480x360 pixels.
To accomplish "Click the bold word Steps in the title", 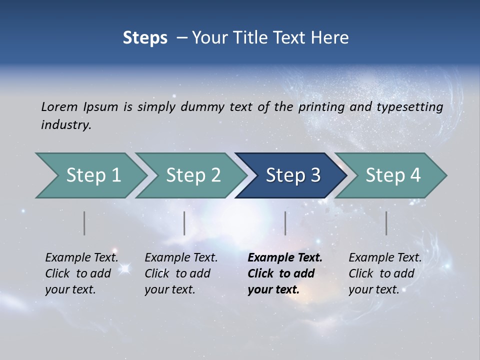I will point(145,38).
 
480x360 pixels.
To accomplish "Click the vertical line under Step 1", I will point(84,223).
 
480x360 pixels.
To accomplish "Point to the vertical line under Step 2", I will point(184,223).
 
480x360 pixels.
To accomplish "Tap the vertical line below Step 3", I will point(285,223).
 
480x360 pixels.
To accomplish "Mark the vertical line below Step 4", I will point(386,223).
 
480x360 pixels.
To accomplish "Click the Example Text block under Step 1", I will point(81,273).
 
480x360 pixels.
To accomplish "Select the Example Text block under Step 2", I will point(181,273).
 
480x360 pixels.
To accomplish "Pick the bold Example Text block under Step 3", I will point(285,273).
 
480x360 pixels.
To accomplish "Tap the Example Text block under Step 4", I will point(385,273).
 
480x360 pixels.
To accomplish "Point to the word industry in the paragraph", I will point(66,125).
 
